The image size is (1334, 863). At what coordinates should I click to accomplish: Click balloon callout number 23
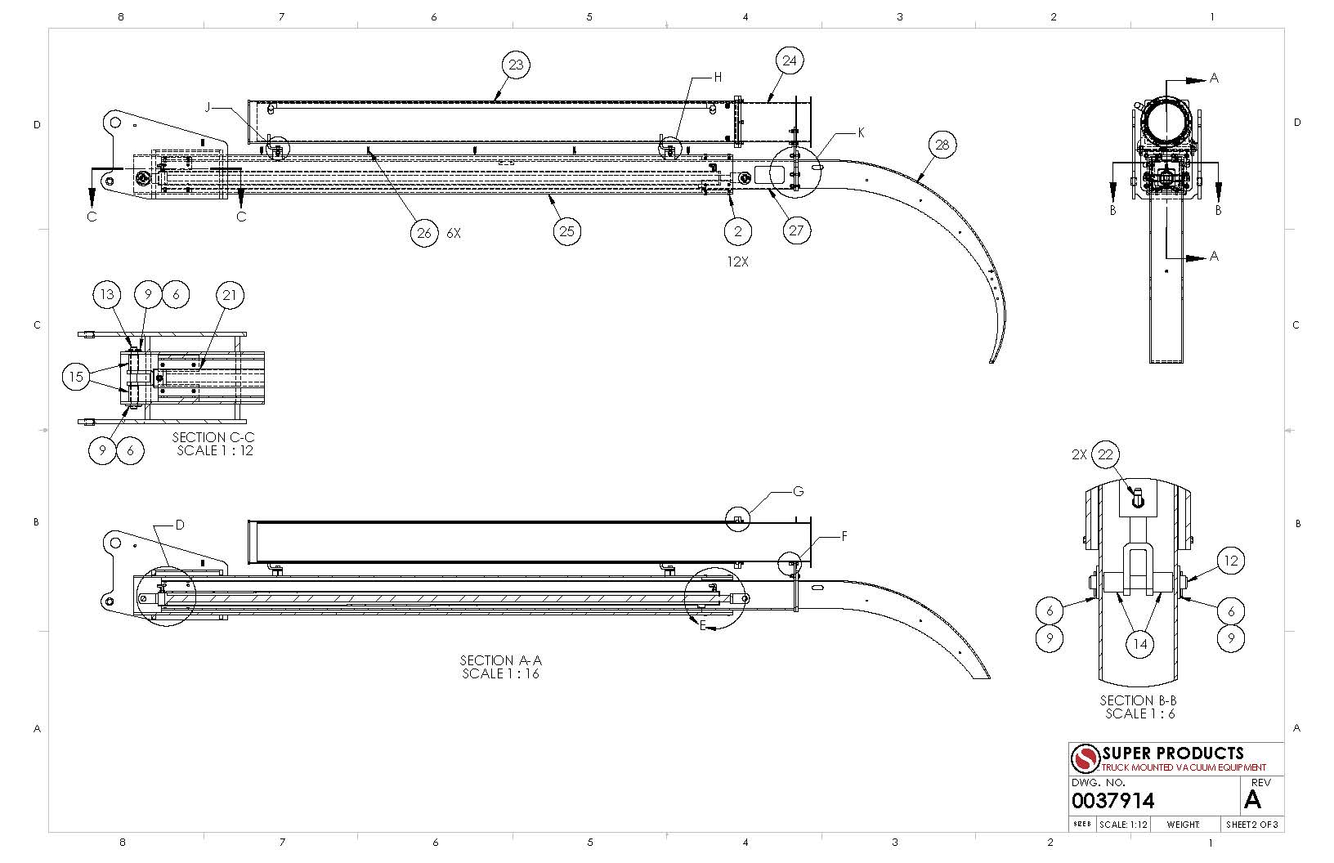coord(516,65)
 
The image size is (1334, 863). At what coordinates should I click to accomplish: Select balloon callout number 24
coord(789,60)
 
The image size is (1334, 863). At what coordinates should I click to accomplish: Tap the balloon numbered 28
coord(942,145)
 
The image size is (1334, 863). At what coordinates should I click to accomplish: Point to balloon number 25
coord(566,231)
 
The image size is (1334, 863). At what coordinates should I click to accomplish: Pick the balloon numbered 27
coord(796,230)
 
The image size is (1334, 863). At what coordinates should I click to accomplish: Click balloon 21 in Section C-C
coord(229,295)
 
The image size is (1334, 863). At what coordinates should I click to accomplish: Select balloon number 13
coord(107,294)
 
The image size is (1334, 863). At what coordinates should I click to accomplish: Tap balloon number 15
coord(76,377)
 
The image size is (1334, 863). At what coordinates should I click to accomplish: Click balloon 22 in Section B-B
coord(1105,455)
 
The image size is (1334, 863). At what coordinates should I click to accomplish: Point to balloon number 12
coord(1230,561)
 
